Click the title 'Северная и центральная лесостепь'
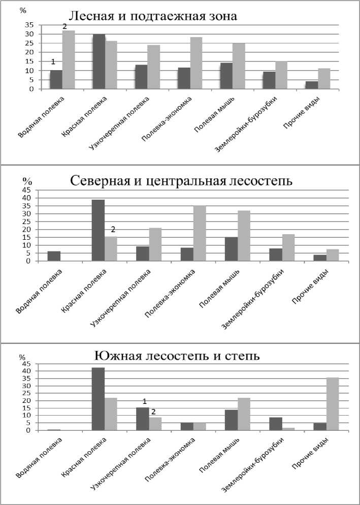pos(181,181)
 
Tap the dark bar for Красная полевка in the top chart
pos(99,61)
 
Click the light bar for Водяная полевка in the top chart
pos(69,59)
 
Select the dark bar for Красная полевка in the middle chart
pos(97,230)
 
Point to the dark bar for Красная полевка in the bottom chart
pos(98,399)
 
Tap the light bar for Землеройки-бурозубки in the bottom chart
pos(289,429)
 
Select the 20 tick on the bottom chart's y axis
pos(26,400)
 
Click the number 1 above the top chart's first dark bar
pos(52,62)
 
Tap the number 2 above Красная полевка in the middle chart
pos(114,229)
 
